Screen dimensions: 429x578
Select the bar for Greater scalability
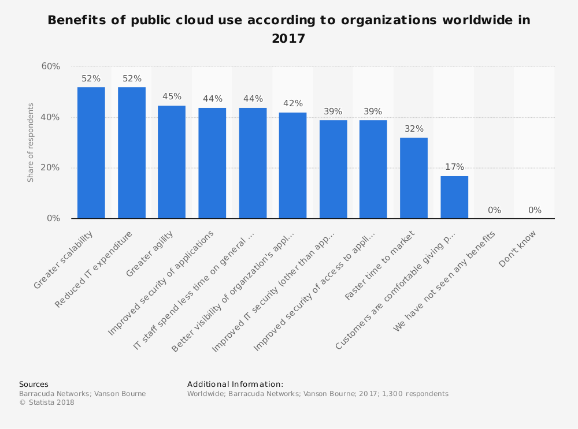point(91,153)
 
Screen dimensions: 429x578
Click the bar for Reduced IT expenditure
point(132,153)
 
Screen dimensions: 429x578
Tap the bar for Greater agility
point(172,162)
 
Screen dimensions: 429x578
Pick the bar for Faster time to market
point(414,178)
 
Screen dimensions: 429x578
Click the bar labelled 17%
point(454,197)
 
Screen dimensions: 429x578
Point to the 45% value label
point(172,96)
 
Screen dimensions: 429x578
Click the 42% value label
point(293,103)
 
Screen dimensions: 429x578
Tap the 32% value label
point(414,129)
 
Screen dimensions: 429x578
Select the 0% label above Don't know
point(535,210)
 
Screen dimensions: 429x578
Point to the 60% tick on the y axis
point(51,66)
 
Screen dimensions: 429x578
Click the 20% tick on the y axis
point(51,168)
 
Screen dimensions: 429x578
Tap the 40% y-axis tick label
point(51,117)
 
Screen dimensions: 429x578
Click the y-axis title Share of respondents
point(31,143)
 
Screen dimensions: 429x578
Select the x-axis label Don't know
point(518,249)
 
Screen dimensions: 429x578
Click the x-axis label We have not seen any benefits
point(445,281)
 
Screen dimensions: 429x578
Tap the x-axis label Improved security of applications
point(162,282)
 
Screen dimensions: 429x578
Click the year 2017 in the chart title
point(288,39)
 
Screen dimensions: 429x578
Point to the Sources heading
point(34,384)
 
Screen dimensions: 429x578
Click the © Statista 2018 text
point(47,402)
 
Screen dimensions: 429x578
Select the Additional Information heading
point(235,384)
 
